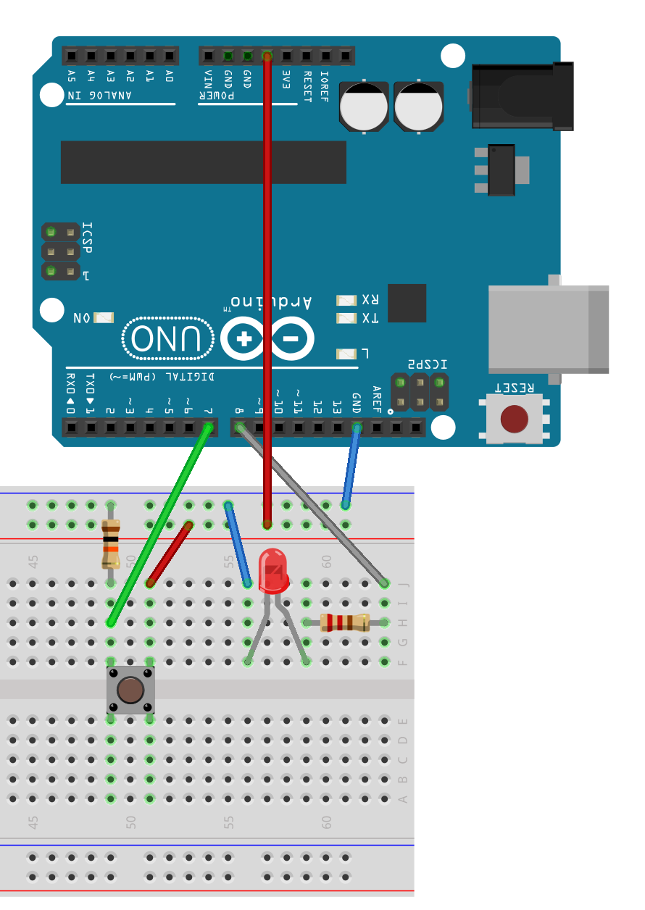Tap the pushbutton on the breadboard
point(130,690)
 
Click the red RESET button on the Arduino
point(515,419)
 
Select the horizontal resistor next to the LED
point(345,622)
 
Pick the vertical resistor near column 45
point(110,543)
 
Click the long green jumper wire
point(159,525)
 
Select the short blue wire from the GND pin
point(351,467)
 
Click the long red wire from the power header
point(267,290)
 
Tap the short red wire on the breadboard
point(170,554)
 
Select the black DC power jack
point(522,96)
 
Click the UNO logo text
point(168,338)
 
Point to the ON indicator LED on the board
point(104,317)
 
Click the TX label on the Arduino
point(370,318)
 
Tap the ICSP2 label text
point(427,364)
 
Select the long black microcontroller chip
point(203,162)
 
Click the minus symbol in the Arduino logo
point(291,338)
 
